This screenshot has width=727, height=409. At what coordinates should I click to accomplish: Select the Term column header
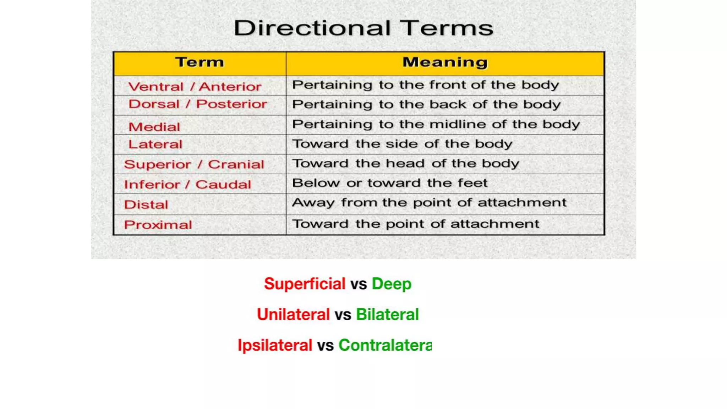tap(200, 62)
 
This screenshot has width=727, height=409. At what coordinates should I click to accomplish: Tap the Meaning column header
tap(445, 62)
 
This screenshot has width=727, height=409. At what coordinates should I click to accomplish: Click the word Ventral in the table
tap(156, 87)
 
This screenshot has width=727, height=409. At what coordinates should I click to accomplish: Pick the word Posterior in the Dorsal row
tap(231, 104)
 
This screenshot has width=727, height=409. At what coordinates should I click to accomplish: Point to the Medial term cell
tap(154, 127)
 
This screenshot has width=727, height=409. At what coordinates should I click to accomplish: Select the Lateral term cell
tap(155, 144)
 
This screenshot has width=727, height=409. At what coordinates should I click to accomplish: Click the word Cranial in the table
tap(236, 164)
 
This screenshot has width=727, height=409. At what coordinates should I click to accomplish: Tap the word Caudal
tap(223, 184)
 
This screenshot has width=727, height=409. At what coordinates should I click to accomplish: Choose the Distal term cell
tap(146, 204)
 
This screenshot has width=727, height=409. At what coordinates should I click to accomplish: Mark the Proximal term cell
tap(158, 225)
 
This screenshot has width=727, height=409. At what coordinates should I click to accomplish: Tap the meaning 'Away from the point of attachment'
tap(429, 203)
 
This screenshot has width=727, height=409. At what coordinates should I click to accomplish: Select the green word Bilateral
tap(387, 315)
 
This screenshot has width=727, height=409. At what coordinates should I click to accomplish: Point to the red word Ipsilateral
tap(275, 345)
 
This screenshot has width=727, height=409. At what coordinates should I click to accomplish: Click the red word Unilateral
tap(293, 315)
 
